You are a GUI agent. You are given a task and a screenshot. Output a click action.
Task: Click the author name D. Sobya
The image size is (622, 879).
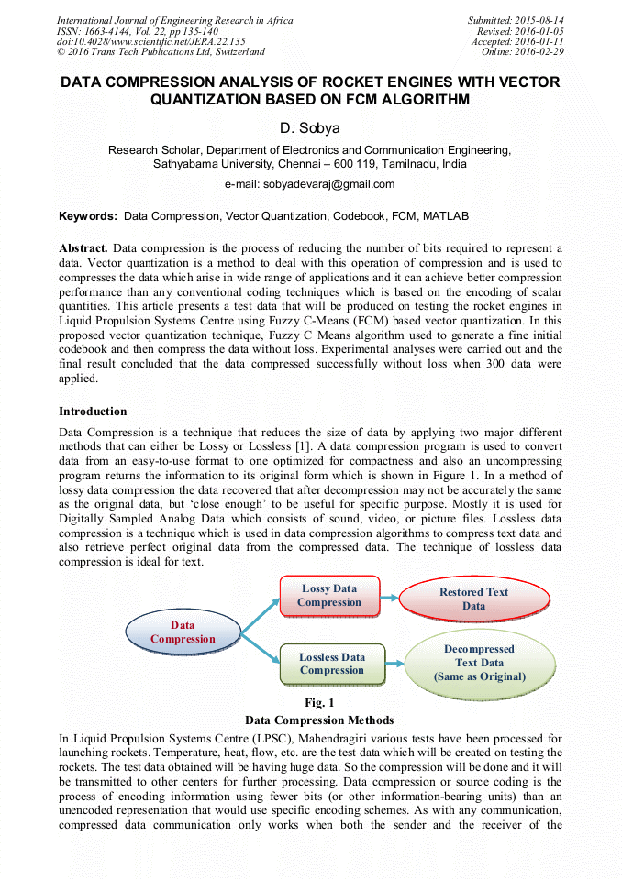[310, 128]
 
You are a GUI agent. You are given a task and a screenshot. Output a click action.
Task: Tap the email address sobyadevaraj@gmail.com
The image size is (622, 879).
[310, 184]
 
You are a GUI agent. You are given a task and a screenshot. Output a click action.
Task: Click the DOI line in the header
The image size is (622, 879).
[151, 42]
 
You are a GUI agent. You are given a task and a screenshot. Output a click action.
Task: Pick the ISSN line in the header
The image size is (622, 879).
[138, 31]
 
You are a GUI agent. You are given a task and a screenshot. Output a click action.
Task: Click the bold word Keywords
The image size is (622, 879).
[88, 216]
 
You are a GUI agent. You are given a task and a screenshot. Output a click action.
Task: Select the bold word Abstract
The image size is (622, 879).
[83, 248]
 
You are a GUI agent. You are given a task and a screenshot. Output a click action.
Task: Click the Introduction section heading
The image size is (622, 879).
[93, 412]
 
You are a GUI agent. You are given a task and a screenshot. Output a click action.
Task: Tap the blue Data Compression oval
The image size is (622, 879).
[183, 632]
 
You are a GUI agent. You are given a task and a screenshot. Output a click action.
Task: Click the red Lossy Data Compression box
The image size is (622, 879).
[329, 596]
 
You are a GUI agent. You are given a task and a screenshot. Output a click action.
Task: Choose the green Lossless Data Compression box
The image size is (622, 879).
[331, 664]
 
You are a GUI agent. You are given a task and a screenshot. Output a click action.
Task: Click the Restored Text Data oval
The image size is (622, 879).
[473, 599]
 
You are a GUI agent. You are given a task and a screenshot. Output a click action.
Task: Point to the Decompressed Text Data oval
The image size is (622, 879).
[479, 663]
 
